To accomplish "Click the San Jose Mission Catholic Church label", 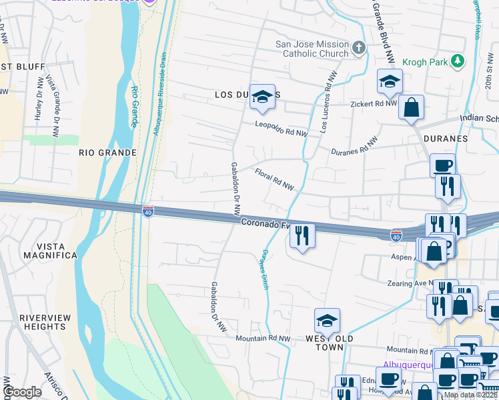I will pyautogui.click(x=312, y=49).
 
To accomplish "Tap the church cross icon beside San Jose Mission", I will pyautogui.click(x=359, y=47).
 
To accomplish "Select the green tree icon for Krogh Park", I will pyautogui.click(x=457, y=61).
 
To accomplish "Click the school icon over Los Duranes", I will pyautogui.click(x=262, y=97).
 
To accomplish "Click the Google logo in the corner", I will pyautogui.click(x=22, y=392).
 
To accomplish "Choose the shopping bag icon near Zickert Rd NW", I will pyautogui.click(x=411, y=107).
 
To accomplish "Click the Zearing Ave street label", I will pyautogui.click(x=410, y=283).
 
